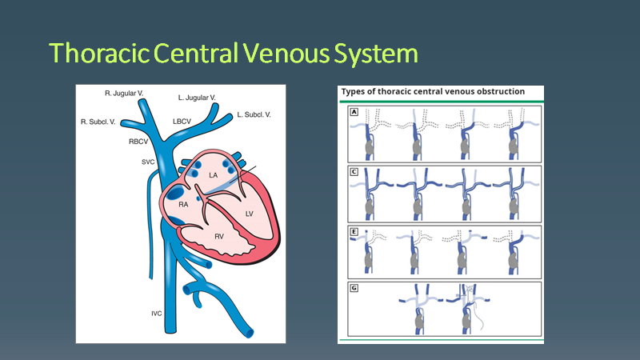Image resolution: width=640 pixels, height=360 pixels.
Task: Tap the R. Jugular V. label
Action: (124, 94)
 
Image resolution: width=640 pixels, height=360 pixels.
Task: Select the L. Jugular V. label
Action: (197, 98)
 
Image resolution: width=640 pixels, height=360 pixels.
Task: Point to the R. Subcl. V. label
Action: (100, 122)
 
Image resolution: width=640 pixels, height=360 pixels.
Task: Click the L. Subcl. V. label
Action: (254, 116)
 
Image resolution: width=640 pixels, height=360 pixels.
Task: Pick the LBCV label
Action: (182, 122)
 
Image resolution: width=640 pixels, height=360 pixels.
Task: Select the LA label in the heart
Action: (213, 174)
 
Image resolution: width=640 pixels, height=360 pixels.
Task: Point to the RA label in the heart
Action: (183, 205)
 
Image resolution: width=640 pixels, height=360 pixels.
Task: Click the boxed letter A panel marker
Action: (353, 113)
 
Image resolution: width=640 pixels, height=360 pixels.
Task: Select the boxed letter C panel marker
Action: (353, 171)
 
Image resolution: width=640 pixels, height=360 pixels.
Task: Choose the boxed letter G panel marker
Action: (353, 286)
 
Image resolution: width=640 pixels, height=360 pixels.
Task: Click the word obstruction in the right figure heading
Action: (494, 91)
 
